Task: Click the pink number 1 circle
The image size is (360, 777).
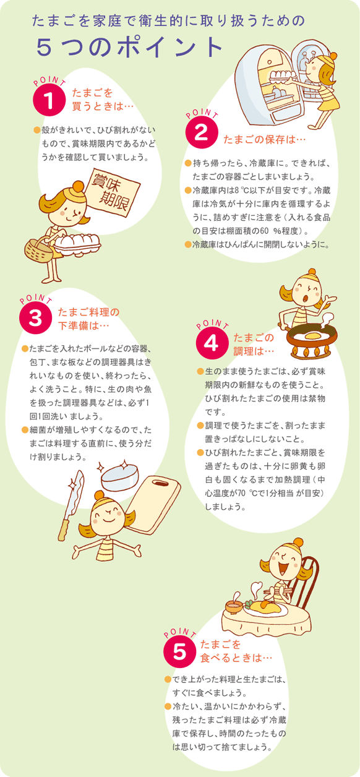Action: pyautogui.click(x=49, y=100)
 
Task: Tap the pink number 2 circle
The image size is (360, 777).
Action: pyautogui.click(x=202, y=132)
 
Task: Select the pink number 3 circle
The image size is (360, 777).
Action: pyautogui.click(x=35, y=317)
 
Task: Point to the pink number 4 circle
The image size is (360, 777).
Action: pyautogui.click(x=212, y=343)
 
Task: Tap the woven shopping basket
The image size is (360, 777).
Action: pyautogui.click(x=38, y=250)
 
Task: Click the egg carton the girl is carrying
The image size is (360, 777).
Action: pyautogui.click(x=77, y=244)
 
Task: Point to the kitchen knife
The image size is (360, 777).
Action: pyautogui.click(x=71, y=505)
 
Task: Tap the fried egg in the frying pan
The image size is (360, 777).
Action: pyautogui.click(x=313, y=336)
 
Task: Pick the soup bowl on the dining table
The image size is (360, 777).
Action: pyautogui.click(x=234, y=607)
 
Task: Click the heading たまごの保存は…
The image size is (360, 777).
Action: pyautogui.click(x=265, y=139)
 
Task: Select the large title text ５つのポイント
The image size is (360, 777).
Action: pyautogui.click(x=129, y=47)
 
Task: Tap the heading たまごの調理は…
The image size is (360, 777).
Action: pyautogui.click(x=254, y=344)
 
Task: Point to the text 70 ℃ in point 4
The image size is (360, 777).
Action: pyautogui.click(x=247, y=493)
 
